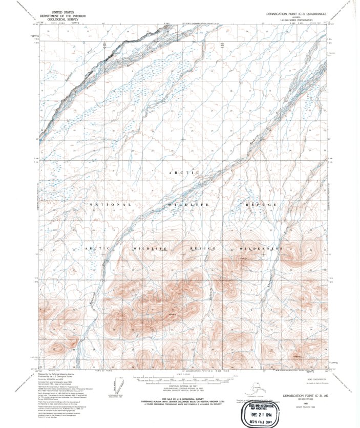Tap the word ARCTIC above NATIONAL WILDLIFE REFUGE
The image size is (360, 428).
pyautogui.click(x=182, y=174)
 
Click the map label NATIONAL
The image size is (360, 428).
pyautogui.click(x=111, y=205)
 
